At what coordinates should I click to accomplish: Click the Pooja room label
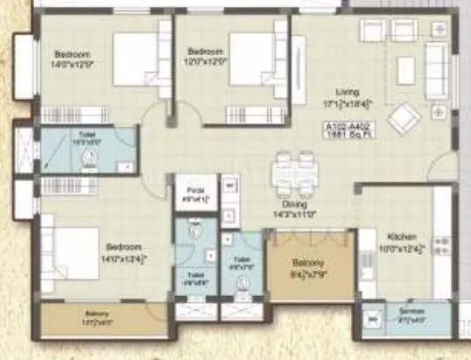[x=195, y=193]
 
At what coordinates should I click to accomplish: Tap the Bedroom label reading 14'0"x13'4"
[x=123, y=252]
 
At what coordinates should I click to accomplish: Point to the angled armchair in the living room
[x=405, y=118]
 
